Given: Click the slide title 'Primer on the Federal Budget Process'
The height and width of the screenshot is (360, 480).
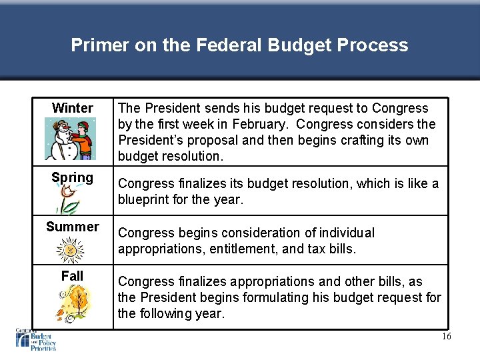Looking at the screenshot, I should [x=239, y=45].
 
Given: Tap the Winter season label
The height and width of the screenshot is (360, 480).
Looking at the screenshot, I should [x=72, y=108].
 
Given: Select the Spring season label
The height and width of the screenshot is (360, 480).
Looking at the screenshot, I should [x=72, y=178].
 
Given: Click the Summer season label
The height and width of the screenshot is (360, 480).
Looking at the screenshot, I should [x=72, y=227].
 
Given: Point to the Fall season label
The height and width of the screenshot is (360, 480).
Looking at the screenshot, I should [x=72, y=276].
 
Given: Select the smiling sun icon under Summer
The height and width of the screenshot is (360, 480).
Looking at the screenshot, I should [x=69, y=251].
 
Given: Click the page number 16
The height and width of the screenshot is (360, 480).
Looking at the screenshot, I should [x=446, y=337].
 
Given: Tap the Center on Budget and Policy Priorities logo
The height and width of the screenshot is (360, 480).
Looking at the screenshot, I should [x=36, y=339].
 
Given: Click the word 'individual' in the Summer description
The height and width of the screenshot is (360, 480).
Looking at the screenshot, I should [x=345, y=233].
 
